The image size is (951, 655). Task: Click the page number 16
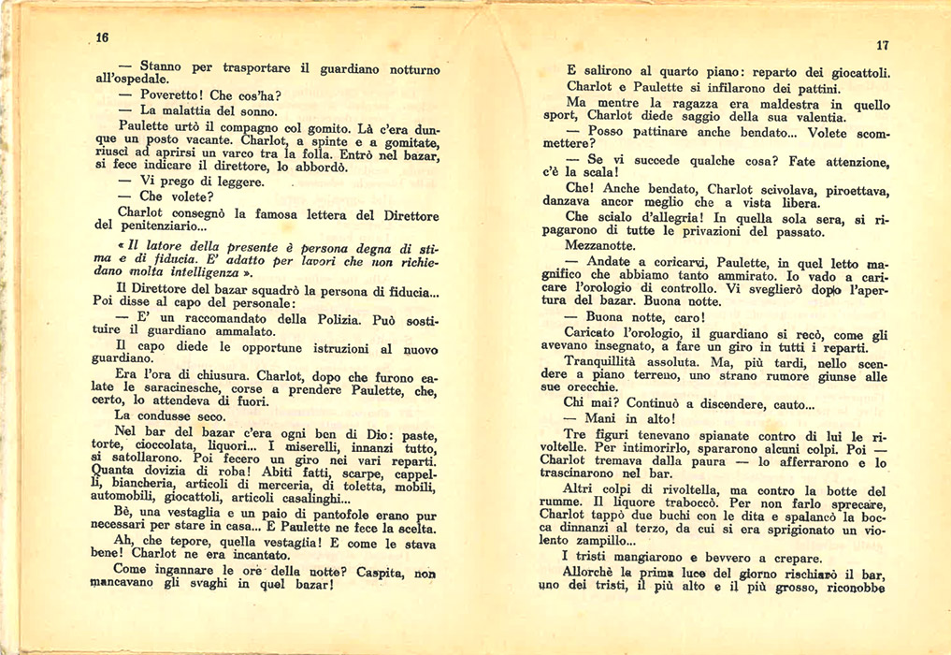point(102,37)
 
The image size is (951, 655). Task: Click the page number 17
point(882,46)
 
